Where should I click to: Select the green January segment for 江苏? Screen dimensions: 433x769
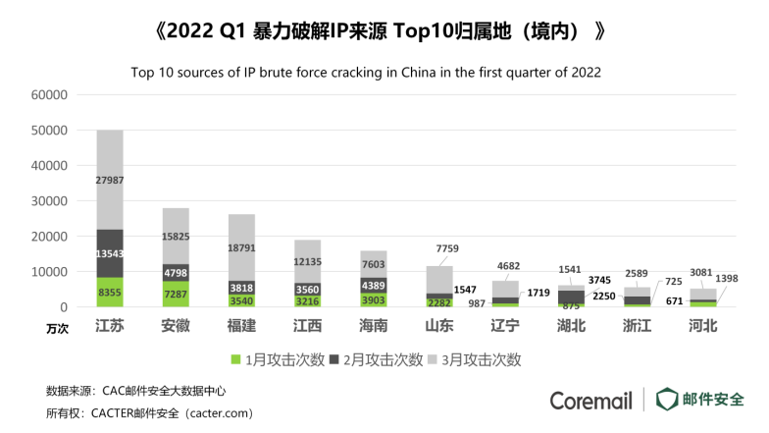click(x=109, y=293)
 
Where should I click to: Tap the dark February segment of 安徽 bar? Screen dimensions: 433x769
click(x=176, y=272)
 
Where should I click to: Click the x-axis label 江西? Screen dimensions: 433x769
click(x=307, y=326)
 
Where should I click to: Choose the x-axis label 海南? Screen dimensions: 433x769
click(x=374, y=326)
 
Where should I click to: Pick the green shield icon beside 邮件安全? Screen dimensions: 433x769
click(x=667, y=399)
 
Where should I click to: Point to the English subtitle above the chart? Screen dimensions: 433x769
click(x=365, y=72)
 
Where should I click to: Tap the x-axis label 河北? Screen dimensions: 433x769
click(x=703, y=326)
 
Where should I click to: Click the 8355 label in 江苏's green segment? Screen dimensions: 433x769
click(x=109, y=292)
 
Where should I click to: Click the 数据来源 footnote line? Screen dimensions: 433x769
click(x=121, y=390)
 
